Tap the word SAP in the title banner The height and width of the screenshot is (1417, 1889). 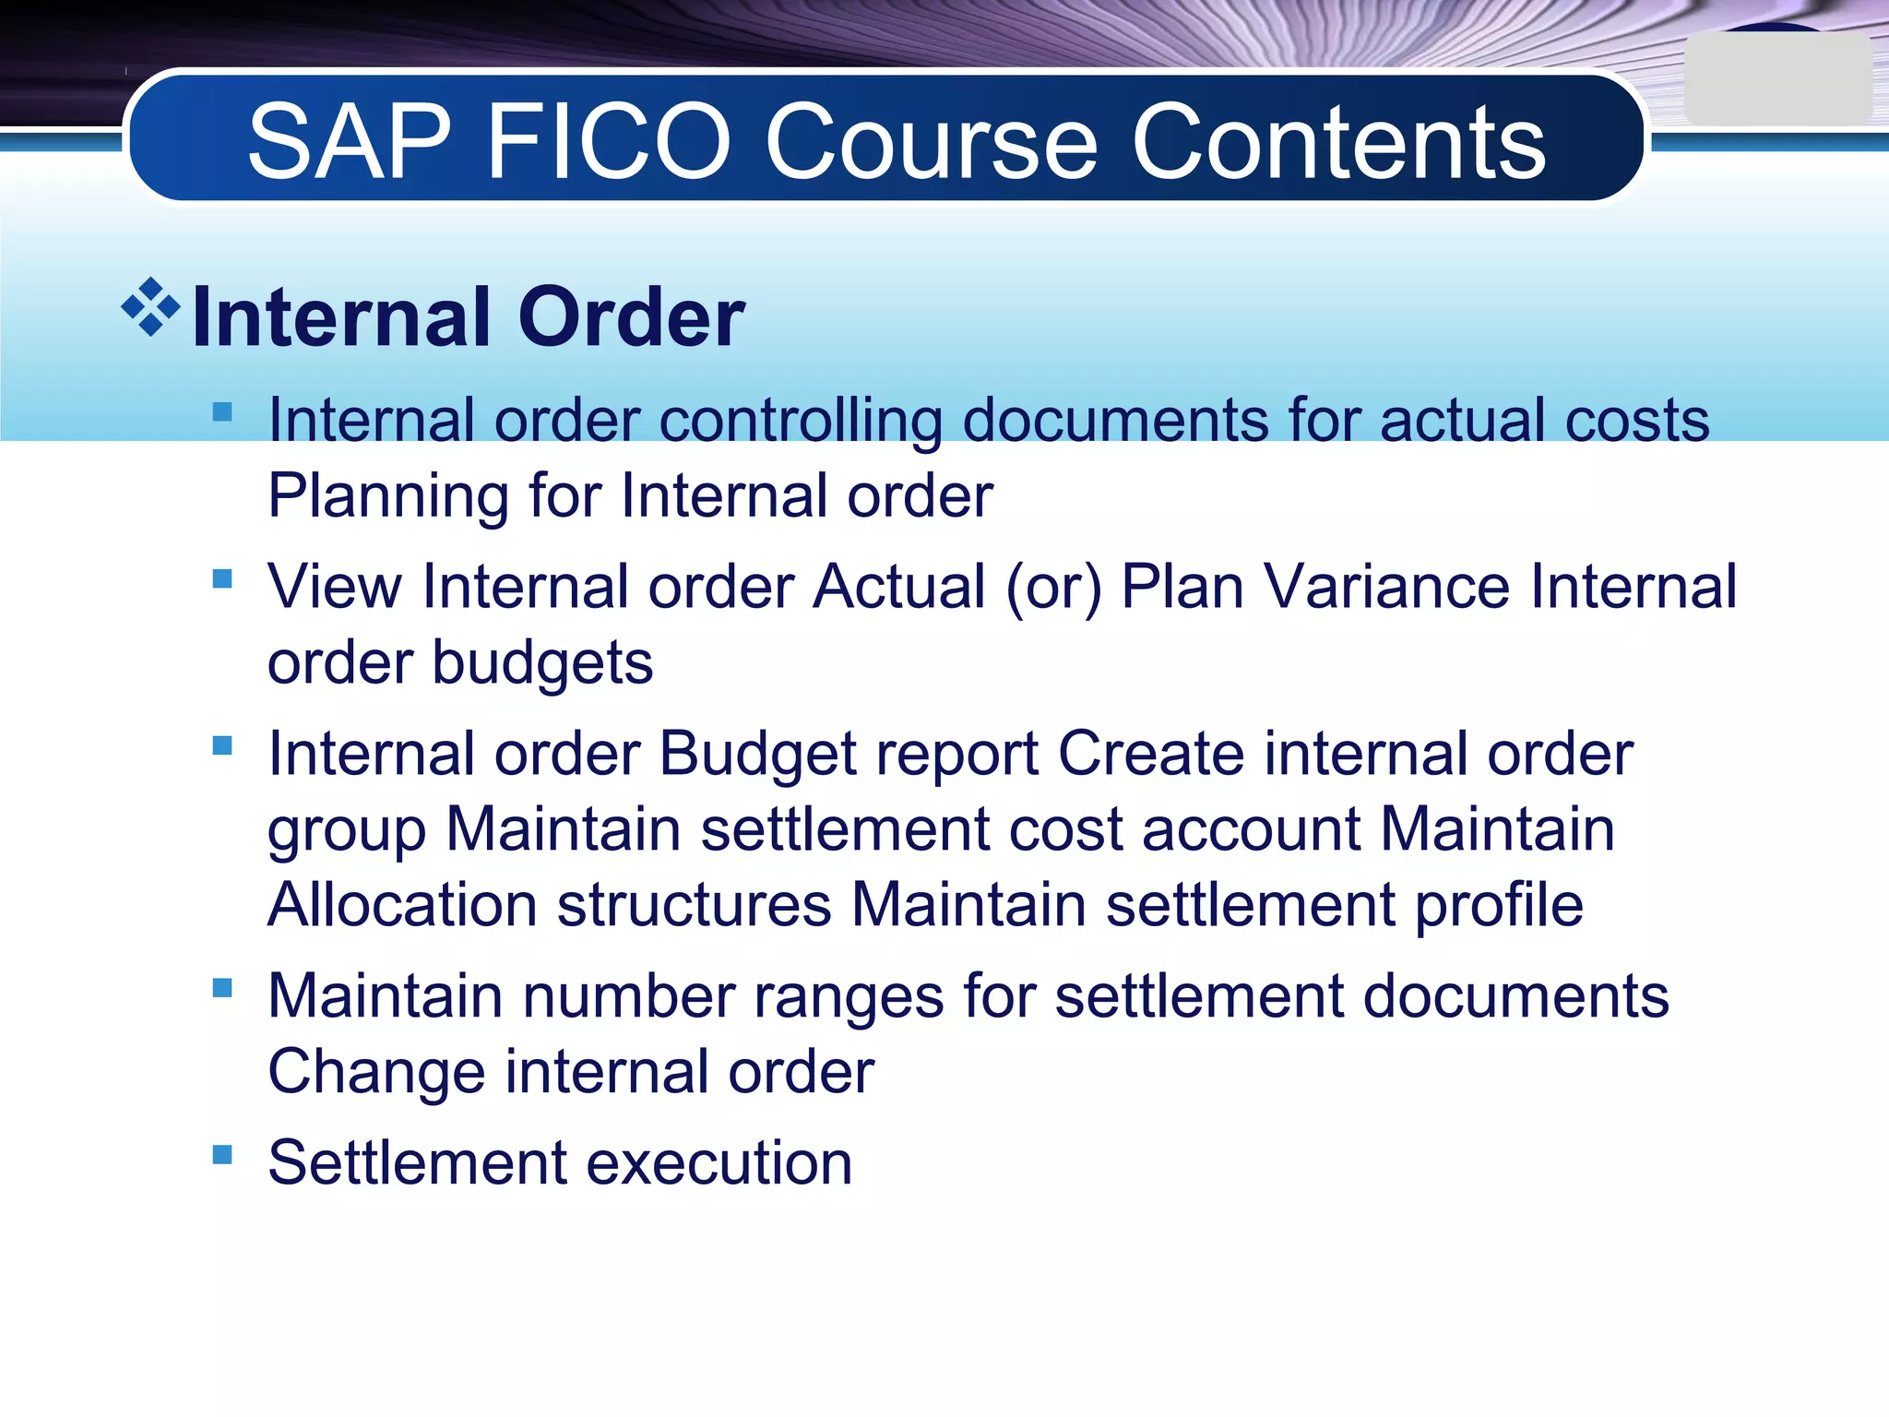(x=350, y=142)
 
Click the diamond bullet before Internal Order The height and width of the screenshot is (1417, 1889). (x=150, y=307)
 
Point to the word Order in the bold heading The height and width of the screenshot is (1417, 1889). (x=631, y=317)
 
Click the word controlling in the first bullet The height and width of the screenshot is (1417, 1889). (x=801, y=421)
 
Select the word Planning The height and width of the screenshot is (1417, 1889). (x=387, y=496)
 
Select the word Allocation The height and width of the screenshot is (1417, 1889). (x=402, y=905)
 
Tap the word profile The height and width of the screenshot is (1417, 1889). (x=1499, y=905)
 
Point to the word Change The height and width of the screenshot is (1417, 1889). (x=376, y=1072)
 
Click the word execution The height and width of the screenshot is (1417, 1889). (x=719, y=1162)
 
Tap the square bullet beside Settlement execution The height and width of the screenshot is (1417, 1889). (x=222, y=1154)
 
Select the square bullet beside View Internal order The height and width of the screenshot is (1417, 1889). (x=222, y=578)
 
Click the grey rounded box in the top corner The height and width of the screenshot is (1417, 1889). (x=1776, y=79)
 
